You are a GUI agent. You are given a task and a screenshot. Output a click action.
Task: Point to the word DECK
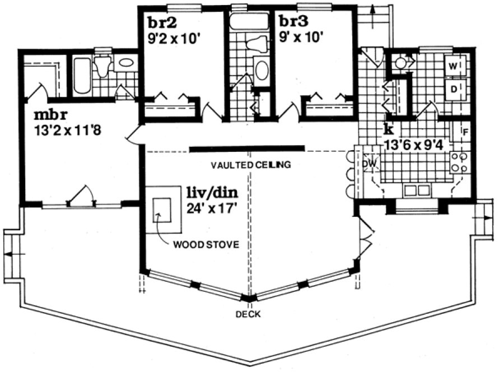[x=248, y=314]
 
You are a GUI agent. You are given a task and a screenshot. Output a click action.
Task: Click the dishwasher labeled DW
[x=369, y=163]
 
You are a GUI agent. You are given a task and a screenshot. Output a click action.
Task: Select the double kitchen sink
[x=417, y=190]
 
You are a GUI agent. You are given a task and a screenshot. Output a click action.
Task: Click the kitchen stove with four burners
[x=459, y=162]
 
